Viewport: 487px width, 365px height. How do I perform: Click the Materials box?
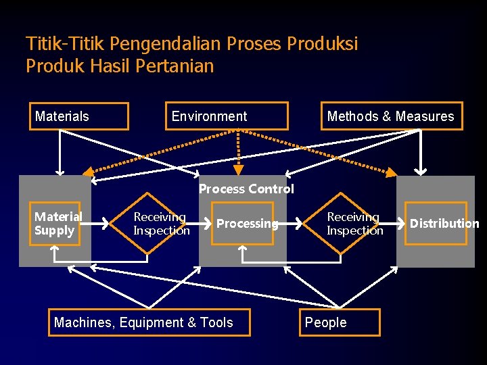coord(79,116)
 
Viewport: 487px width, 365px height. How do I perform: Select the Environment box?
coord(227,116)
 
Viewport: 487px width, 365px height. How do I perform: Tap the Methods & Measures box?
coord(391,116)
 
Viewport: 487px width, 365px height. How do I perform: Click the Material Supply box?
coord(55,223)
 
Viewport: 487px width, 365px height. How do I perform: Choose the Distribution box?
coord(436,223)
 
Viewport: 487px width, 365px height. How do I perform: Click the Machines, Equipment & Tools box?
coord(149,322)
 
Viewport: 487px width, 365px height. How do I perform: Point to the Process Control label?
coord(246,189)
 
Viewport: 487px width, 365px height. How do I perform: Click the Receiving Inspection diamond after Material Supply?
coord(161,223)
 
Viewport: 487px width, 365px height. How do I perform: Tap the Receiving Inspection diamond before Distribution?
coord(354,223)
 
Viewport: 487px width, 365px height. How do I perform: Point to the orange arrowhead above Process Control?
coord(238,170)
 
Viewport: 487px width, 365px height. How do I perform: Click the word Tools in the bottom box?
coord(217,322)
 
